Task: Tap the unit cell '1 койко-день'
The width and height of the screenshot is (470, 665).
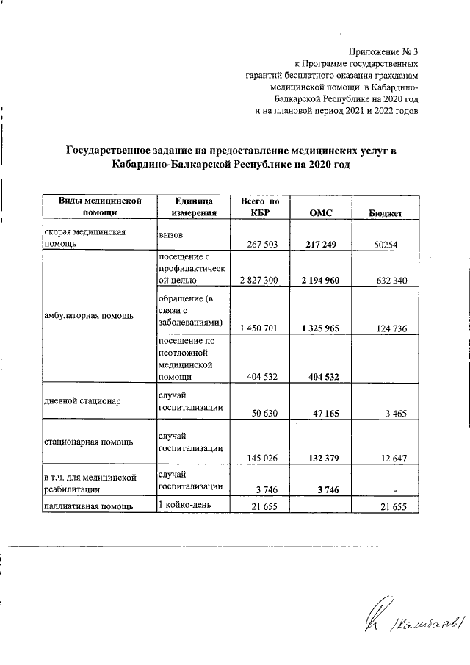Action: click(185, 506)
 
